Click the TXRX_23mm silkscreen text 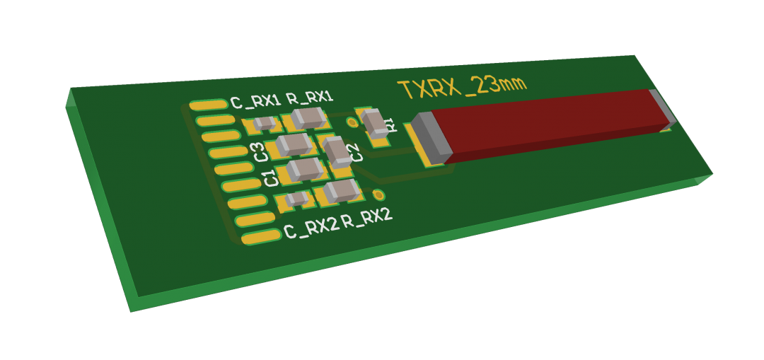[x=462, y=87]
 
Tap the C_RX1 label [x=255, y=101]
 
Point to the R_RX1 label [x=309, y=97]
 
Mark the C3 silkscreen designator [x=260, y=151]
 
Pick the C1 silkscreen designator [x=270, y=178]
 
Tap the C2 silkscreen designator [x=356, y=152]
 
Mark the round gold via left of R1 [x=352, y=122]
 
